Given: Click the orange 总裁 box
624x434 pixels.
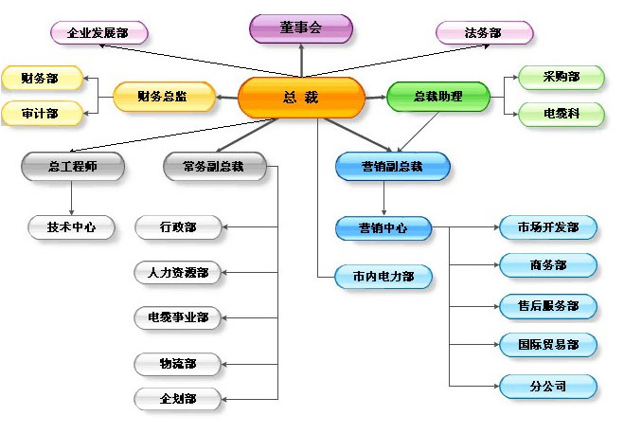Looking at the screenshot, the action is (x=301, y=98).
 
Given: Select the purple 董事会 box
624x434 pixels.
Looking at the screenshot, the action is (x=301, y=28).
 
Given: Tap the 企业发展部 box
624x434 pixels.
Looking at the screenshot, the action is (x=99, y=32).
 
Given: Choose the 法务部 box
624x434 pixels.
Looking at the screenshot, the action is (x=484, y=32).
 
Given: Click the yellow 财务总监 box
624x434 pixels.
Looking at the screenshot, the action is (x=164, y=97).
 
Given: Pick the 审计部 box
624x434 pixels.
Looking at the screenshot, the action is (x=42, y=114).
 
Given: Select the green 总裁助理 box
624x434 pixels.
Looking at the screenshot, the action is (x=438, y=97).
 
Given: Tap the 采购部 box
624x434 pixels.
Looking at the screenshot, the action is (x=562, y=78).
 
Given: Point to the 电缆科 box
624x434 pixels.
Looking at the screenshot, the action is (x=562, y=115).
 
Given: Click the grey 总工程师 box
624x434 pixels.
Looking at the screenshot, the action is (x=73, y=167).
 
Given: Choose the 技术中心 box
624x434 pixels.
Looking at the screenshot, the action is (x=71, y=227).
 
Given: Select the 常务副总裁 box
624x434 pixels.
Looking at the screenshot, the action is (x=215, y=167).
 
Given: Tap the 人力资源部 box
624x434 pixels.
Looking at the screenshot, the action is (x=177, y=273).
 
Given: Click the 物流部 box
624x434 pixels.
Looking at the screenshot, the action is (x=177, y=364).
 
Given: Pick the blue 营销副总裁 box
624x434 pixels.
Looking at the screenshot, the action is (x=393, y=167).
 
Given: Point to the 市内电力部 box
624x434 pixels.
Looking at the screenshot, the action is (x=383, y=277).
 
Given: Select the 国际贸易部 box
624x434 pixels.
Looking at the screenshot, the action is (x=548, y=345).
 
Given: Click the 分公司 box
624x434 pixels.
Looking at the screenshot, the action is (x=548, y=387).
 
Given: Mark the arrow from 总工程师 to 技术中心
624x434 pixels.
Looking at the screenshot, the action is (x=72, y=198).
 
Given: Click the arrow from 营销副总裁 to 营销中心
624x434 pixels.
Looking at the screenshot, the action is (x=384, y=198).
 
